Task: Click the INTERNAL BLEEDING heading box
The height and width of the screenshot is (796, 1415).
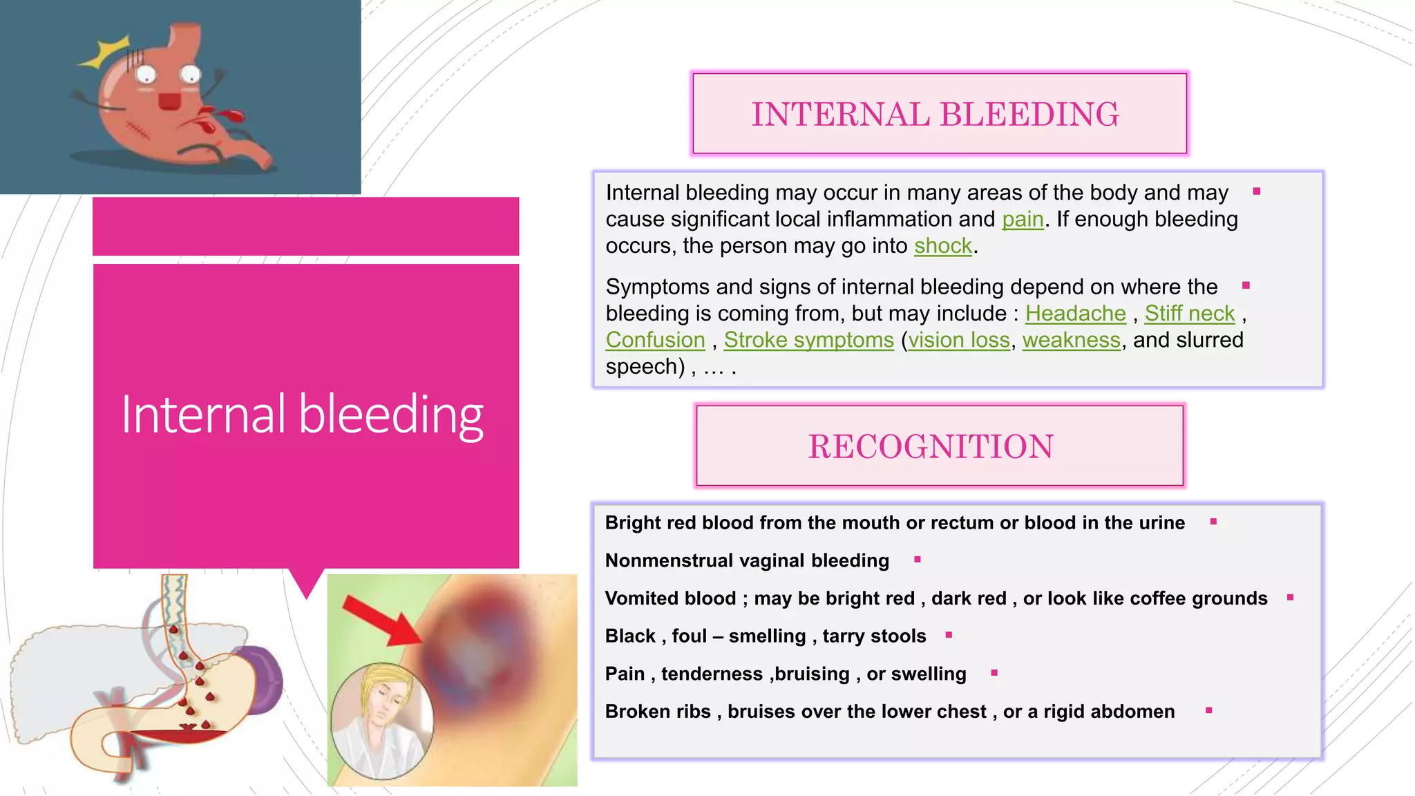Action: [x=939, y=114]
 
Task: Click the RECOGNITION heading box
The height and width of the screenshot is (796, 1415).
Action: [x=939, y=446]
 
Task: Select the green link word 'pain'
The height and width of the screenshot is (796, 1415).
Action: [x=1023, y=219]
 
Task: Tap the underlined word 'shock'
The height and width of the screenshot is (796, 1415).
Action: [x=942, y=246]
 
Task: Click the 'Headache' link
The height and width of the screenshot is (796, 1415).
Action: [x=1075, y=314]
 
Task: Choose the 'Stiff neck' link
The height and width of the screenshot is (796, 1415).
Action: [x=1189, y=314]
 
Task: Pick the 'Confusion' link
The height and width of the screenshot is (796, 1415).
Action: [x=655, y=340]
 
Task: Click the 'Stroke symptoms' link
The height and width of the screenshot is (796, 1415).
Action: [x=808, y=340]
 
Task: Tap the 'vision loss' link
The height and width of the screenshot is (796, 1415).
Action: [x=958, y=340]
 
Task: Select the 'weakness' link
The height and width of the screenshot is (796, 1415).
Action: [x=1071, y=340]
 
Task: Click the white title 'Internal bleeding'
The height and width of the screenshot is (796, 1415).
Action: [x=302, y=414]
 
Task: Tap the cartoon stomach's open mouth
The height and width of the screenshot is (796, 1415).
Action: [x=169, y=102]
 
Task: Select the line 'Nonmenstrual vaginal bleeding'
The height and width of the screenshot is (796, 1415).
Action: [x=746, y=560]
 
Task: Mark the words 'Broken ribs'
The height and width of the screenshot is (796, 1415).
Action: [x=657, y=712]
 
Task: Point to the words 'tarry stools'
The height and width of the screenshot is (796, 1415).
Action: [x=874, y=636]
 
